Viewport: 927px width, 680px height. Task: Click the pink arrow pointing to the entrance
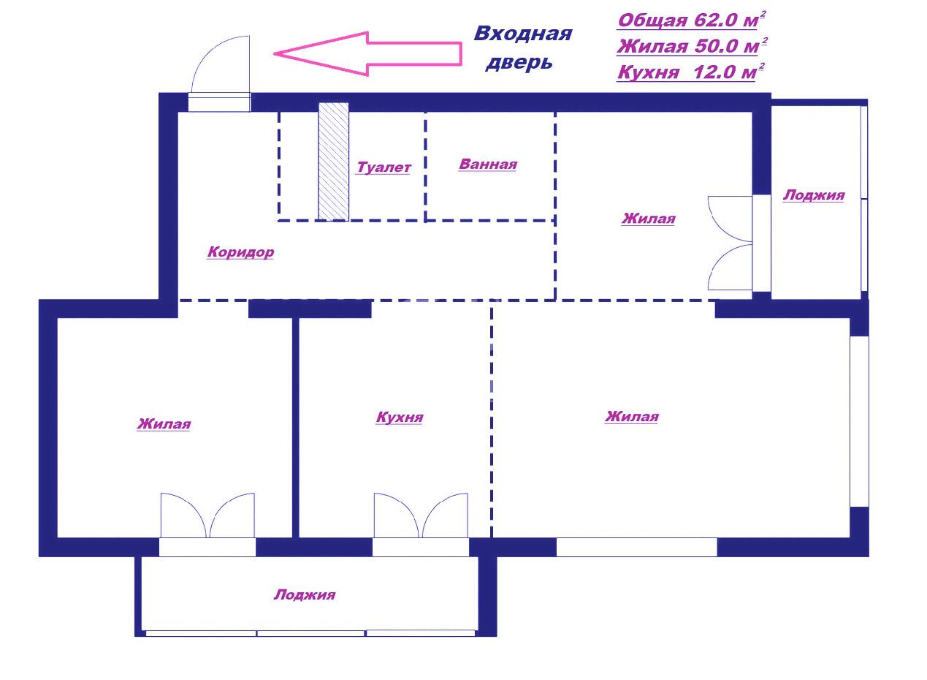point(367,54)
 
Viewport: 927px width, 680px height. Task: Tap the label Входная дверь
point(522,48)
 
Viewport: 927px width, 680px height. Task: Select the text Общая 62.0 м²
point(691,20)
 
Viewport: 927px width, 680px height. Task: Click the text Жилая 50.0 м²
point(691,45)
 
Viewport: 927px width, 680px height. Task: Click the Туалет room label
point(384,167)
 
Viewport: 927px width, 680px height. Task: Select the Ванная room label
point(488,165)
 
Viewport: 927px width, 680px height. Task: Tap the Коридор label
point(240,252)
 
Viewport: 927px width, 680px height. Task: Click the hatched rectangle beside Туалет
point(334,162)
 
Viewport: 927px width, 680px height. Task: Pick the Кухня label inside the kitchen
point(400,417)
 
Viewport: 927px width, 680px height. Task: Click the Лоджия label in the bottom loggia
point(305,594)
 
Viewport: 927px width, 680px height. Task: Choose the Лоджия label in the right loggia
point(813,195)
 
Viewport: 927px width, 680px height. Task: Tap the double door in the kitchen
point(421,515)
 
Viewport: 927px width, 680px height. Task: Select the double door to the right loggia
point(730,243)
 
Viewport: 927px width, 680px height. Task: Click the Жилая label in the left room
point(164,424)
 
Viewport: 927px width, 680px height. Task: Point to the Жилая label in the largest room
point(632,417)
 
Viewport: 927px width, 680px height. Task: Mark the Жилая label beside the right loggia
point(648,218)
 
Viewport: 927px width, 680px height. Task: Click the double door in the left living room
point(207,515)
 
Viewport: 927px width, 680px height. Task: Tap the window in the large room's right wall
point(860,421)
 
